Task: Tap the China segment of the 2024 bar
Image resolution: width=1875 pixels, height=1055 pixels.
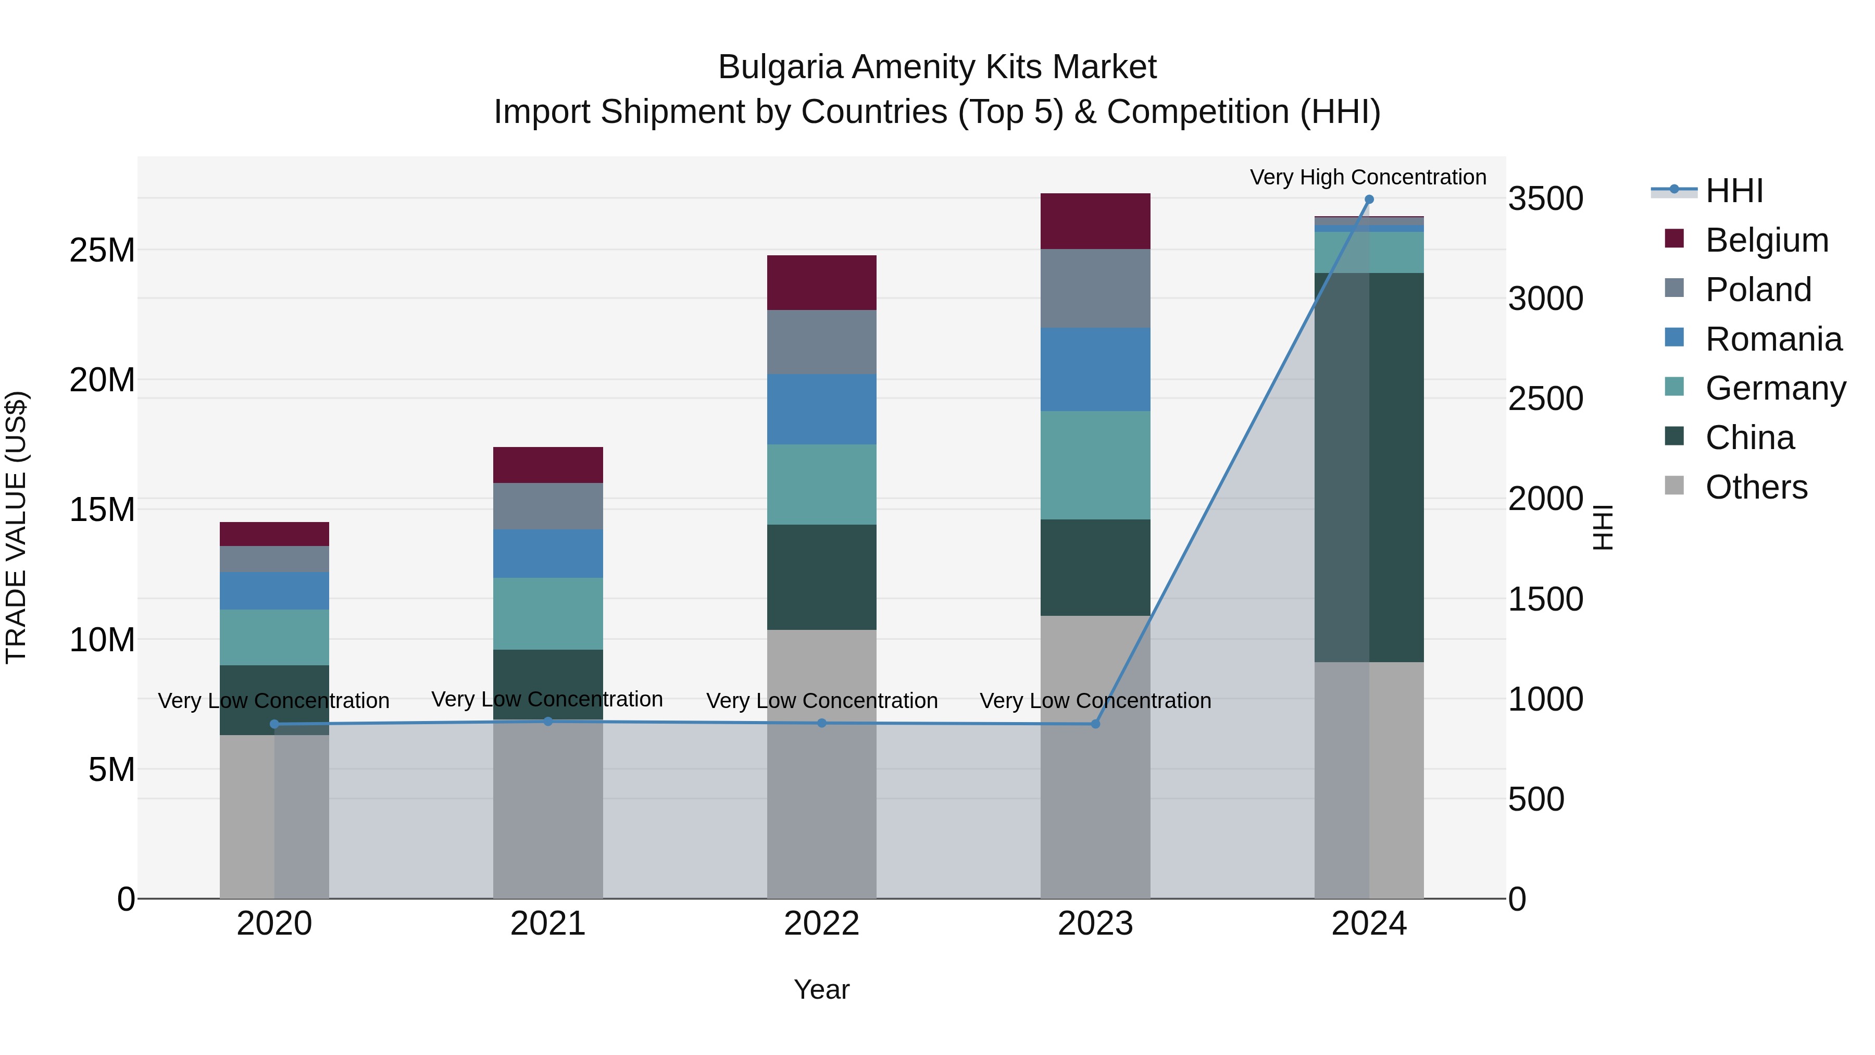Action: [x=1368, y=466]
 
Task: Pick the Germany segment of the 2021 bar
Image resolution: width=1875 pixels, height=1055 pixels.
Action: [x=547, y=613]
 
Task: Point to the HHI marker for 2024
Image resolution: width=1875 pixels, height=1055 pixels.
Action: [x=1368, y=200]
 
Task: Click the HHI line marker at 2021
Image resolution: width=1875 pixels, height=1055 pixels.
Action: [x=548, y=722]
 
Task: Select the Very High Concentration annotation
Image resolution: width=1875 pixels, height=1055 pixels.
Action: [x=1368, y=177]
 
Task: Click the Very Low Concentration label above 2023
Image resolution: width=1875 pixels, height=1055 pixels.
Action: [x=1095, y=700]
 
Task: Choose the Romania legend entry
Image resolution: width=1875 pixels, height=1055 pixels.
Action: [x=1773, y=339]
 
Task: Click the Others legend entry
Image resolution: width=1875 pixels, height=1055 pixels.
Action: [x=1756, y=487]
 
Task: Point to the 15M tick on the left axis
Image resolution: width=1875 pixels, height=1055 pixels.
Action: [x=102, y=510]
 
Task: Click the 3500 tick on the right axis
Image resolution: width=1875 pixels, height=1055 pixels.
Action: [x=1545, y=199]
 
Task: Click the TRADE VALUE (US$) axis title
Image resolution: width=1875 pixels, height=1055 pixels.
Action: [x=16, y=527]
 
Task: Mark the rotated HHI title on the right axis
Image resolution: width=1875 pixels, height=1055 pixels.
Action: [x=1603, y=527]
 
